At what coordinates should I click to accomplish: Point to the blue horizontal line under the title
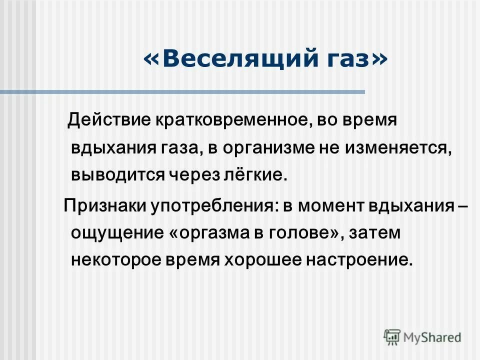175,92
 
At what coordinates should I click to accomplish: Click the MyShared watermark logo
422,336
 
